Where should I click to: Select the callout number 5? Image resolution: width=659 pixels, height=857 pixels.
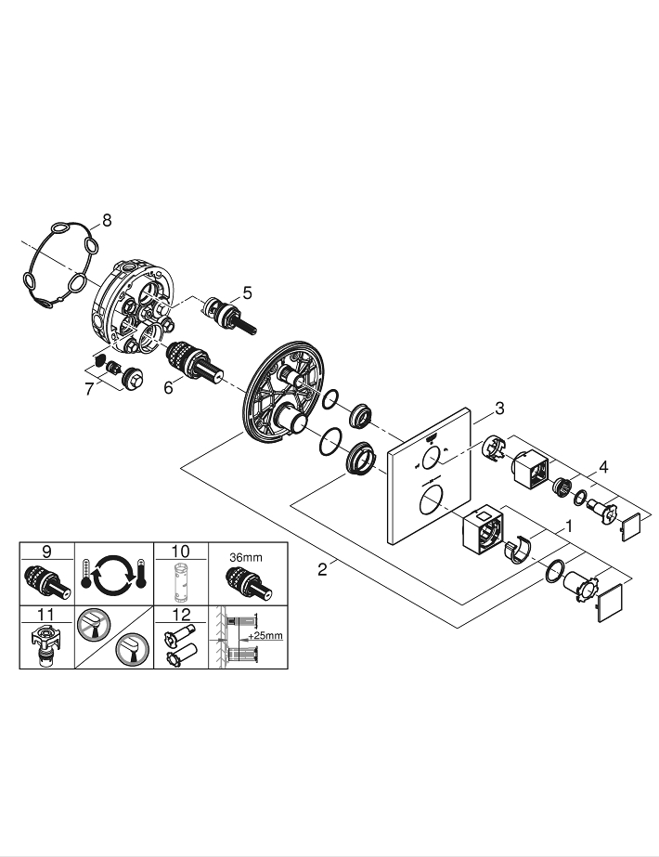tap(247, 292)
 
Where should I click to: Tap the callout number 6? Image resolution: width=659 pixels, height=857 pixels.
tap(168, 388)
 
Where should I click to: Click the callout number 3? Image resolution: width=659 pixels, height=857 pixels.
tap(499, 408)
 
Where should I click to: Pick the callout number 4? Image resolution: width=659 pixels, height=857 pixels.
tap(604, 468)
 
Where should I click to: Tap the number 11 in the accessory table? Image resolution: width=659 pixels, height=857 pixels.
tap(45, 614)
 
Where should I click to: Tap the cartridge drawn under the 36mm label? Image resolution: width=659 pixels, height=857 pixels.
tap(246, 581)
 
